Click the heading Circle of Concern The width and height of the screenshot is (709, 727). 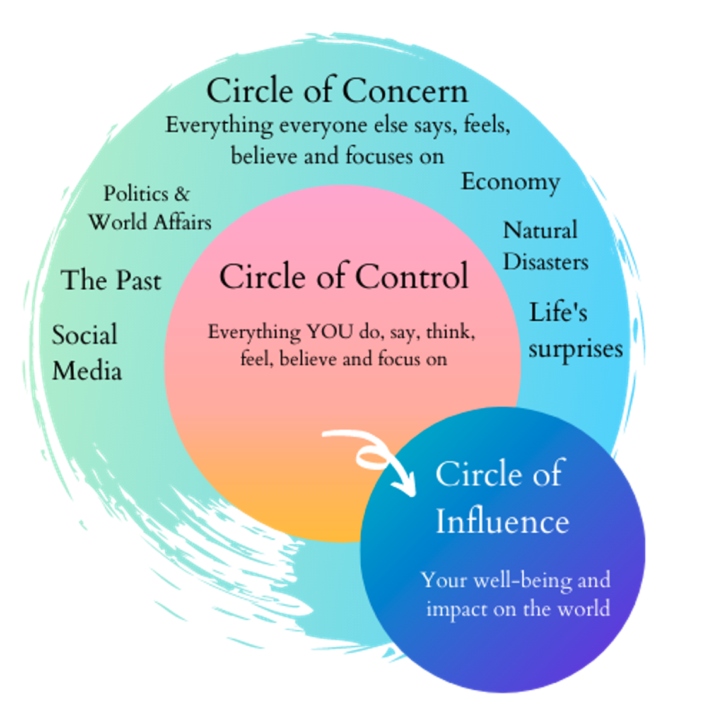[337, 91]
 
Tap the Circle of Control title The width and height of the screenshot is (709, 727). [344, 276]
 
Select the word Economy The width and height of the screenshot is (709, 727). [510, 182]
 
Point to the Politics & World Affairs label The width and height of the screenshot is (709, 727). [149, 208]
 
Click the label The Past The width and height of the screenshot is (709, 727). [111, 280]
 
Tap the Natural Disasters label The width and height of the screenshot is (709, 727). [545, 246]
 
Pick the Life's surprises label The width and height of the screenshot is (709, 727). [575, 331]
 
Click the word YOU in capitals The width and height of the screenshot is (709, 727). [330, 332]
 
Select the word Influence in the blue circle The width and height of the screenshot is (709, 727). [502, 522]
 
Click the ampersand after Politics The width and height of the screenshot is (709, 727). [182, 194]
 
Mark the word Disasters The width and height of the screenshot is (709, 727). [545, 262]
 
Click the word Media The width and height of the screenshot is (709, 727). [86, 371]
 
